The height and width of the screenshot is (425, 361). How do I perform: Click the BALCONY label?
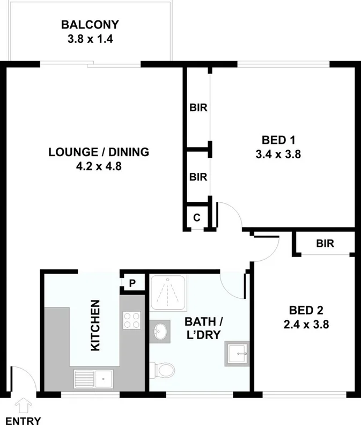(90, 25)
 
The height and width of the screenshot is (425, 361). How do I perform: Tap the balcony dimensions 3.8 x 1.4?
(90, 39)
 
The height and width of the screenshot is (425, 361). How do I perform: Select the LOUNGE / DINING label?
(99, 152)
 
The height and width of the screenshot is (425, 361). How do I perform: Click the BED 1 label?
(278, 141)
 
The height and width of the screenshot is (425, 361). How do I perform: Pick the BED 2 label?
(306, 310)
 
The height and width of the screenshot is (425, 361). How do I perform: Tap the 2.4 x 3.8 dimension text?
(306, 324)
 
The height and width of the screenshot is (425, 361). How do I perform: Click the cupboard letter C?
(196, 218)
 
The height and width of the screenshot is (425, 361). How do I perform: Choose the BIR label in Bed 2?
(325, 244)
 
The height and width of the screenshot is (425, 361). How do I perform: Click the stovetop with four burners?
(132, 321)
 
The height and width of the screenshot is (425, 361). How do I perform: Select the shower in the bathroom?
(167, 294)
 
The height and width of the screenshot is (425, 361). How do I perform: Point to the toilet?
(164, 370)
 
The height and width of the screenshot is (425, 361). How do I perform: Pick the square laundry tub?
(237, 353)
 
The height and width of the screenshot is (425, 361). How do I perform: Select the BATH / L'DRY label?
(203, 328)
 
